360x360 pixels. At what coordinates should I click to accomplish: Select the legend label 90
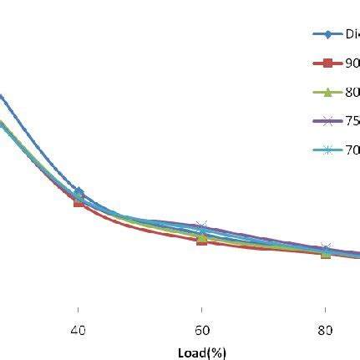pos(352,63)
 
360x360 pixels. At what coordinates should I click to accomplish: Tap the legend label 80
pos(352,92)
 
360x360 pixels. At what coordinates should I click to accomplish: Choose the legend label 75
pos(352,121)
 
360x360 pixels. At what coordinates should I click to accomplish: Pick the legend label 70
pos(352,150)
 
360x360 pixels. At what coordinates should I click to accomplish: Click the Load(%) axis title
pos(201,352)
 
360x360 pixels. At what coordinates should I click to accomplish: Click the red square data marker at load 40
pos(79,201)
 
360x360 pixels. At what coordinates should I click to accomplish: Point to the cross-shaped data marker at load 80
pos(325,249)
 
